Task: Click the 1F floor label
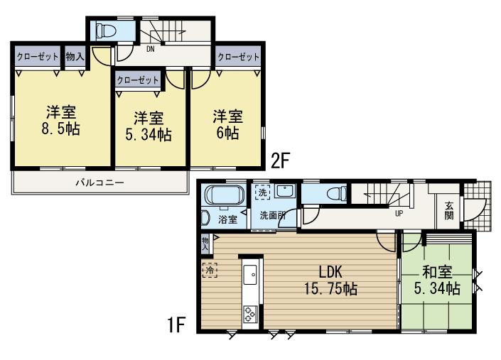[x=176, y=326]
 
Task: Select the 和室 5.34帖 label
[x=436, y=280]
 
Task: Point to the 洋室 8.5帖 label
[x=61, y=121]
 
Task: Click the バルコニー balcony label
[x=100, y=182]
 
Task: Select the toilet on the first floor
[x=332, y=193]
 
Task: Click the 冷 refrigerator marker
[x=210, y=270]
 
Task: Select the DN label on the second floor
[x=151, y=50]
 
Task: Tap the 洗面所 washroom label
[x=272, y=214]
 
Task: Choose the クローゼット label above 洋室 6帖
[x=237, y=57]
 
